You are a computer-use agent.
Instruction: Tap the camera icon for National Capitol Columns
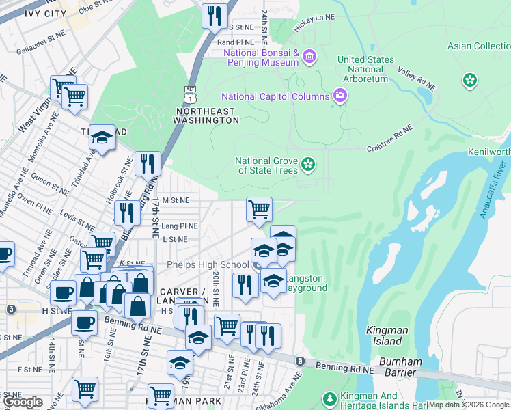340,96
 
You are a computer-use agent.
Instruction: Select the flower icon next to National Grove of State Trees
308,164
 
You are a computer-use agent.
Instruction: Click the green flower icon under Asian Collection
469,81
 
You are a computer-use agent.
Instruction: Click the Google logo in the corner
23,402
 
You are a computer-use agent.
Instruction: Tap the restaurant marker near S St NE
215,15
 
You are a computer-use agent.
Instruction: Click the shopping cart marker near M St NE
259,208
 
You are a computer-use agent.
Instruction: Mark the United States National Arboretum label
365,69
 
